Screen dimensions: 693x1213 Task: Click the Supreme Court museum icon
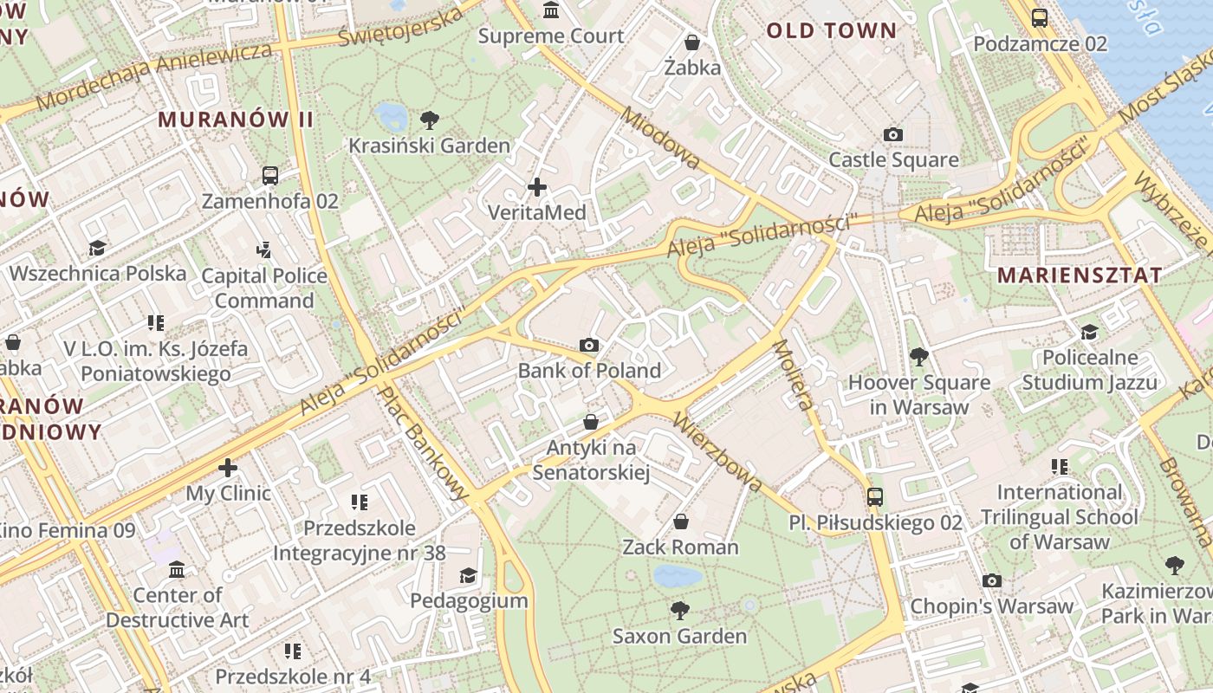click(550, 10)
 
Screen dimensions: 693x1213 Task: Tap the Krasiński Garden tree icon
click(429, 120)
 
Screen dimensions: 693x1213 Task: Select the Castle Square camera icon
click(893, 134)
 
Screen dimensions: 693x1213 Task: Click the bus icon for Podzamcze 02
click(1039, 17)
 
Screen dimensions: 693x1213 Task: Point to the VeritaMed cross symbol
click(537, 186)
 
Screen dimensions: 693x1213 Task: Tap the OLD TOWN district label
click(831, 31)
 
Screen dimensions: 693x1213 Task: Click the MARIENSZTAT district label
click(1079, 275)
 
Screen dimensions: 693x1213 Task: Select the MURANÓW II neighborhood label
click(235, 120)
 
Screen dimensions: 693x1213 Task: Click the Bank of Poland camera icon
click(589, 345)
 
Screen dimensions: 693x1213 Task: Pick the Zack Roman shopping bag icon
click(681, 521)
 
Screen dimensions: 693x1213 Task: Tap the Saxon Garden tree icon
click(680, 610)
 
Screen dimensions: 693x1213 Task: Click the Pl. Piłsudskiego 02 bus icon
click(875, 496)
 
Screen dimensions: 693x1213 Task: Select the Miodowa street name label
click(660, 139)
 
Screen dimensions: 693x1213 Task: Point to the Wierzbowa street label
click(716, 452)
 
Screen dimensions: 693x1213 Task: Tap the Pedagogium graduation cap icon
click(468, 575)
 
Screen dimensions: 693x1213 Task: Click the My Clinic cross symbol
click(228, 468)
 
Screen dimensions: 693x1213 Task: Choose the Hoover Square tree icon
click(918, 356)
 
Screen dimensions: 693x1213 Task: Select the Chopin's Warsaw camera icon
click(992, 580)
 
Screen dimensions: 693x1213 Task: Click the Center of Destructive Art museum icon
click(177, 569)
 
